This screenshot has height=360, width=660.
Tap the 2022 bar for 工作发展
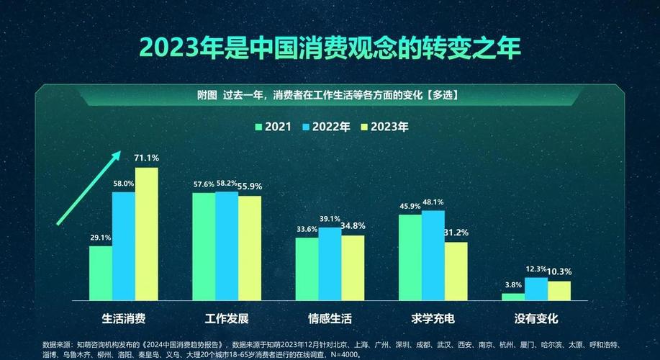coord(227,246)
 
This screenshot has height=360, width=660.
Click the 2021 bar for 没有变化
coord(513,296)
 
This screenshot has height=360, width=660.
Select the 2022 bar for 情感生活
coord(330,264)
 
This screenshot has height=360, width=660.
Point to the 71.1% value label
coord(147,158)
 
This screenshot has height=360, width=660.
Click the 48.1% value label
coord(433,202)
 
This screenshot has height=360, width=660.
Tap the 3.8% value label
coord(513,284)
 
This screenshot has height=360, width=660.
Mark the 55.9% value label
coord(250,186)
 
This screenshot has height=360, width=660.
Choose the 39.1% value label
coord(330,219)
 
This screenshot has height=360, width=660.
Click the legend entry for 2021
coord(273,127)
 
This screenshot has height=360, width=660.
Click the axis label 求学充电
coord(433,318)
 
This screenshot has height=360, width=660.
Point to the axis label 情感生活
coord(330,318)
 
